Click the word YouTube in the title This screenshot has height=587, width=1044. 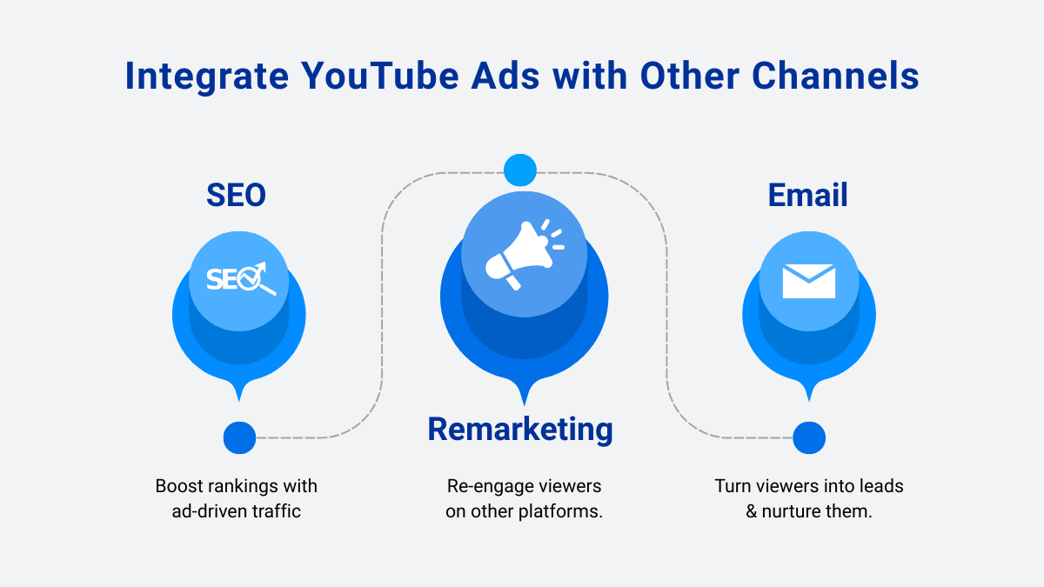click(x=380, y=76)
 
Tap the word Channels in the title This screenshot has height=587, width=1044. click(x=835, y=76)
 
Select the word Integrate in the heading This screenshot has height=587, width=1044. click(x=207, y=77)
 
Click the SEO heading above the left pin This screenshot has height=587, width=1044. click(x=237, y=195)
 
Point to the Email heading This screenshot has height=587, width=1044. click(x=807, y=195)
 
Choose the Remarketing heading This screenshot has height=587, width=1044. click(x=520, y=429)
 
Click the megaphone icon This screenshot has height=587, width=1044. click(x=525, y=254)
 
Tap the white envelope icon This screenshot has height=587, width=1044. click(x=808, y=281)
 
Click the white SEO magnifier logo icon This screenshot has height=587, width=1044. click(x=241, y=278)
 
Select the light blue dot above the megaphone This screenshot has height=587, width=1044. click(x=520, y=170)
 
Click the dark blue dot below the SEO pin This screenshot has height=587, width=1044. click(x=239, y=438)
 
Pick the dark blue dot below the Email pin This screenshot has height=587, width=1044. click(x=809, y=438)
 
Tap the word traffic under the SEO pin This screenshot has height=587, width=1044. click(x=277, y=511)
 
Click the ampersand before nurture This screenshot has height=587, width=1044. click(x=752, y=511)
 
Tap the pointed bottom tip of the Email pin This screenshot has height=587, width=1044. click(x=809, y=401)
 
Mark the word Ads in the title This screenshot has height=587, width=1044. click(x=505, y=76)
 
